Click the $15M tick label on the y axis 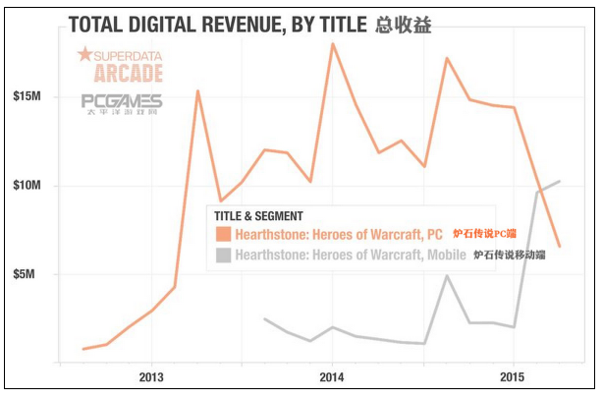[x=27, y=96]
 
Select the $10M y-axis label [x=27, y=186]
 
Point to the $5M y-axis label [x=29, y=274]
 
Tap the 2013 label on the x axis [x=150, y=377]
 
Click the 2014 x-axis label [x=331, y=377]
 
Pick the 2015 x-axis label [x=512, y=377]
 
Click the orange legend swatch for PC [x=224, y=235]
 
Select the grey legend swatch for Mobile [x=224, y=255]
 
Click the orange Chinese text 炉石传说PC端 [x=484, y=235]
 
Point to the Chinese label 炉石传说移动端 [x=509, y=255]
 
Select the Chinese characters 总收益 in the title [x=403, y=25]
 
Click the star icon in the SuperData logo [x=84, y=54]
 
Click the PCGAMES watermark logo [x=123, y=102]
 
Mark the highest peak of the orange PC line [x=332, y=43]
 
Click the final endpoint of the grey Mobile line [x=559, y=181]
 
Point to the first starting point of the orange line [x=83, y=349]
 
